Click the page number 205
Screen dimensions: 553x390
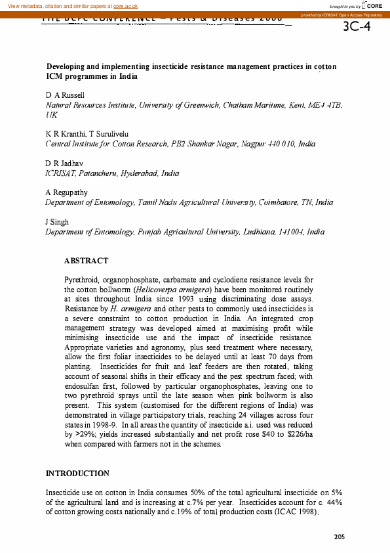point(339,537)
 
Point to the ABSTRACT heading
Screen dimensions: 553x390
point(86,261)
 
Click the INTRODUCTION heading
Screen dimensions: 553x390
point(77,473)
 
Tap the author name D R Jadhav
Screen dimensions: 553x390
point(64,163)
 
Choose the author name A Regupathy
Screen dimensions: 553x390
point(66,192)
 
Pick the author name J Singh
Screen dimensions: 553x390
point(57,221)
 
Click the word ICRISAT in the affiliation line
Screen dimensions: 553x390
point(62,173)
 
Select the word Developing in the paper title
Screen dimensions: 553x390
point(67,67)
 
